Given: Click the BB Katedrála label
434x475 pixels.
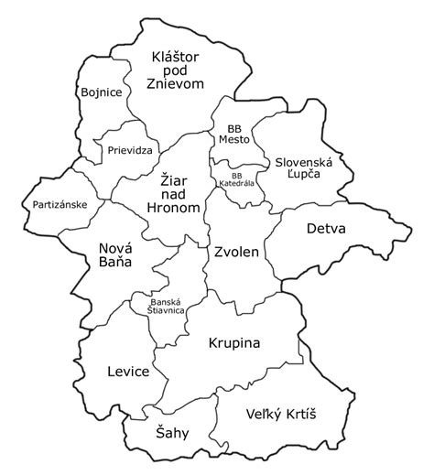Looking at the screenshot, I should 236,179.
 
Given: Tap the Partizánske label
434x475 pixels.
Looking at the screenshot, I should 60,204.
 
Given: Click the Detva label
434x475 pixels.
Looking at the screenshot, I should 326,229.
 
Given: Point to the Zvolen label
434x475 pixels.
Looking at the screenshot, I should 237,251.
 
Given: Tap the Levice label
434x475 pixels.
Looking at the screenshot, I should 128,372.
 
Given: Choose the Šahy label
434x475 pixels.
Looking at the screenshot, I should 171,434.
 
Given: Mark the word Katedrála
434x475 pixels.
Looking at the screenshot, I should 236,184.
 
